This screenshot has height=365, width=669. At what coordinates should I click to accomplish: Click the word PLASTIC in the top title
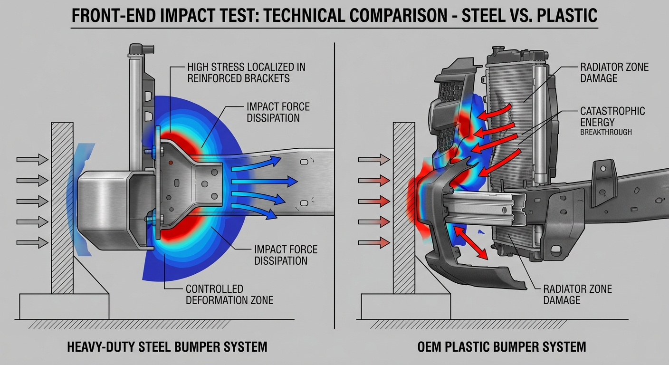pyautogui.click(x=567, y=15)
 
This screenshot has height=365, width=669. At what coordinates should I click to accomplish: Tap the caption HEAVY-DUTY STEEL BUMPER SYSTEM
pyautogui.click(x=167, y=347)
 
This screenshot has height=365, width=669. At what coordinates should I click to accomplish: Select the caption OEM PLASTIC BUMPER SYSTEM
pyautogui.click(x=502, y=347)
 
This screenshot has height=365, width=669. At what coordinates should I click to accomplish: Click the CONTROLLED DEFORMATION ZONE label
pyautogui.click(x=229, y=295)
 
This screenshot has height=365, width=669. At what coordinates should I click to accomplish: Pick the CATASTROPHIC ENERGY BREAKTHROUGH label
pyautogui.click(x=612, y=121)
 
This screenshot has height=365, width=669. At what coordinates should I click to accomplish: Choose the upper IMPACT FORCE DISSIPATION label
pyautogui.click(x=278, y=112)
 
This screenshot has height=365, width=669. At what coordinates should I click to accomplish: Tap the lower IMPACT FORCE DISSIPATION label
pyautogui.click(x=286, y=255)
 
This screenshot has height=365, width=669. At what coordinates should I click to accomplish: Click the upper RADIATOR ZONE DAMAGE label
pyautogui.click(x=614, y=73)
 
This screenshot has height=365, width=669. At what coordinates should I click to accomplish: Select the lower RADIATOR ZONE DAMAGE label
pyautogui.click(x=578, y=295)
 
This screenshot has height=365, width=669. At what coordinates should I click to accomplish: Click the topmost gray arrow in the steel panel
pyautogui.click(x=32, y=160)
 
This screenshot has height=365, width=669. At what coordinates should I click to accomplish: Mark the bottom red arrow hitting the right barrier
pyautogui.click(x=374, y=242)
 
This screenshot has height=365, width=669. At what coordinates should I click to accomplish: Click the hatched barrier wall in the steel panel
pyautogui.click(x=62, y=208)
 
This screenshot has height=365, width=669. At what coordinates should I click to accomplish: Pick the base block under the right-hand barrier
pyautogui.click(x=406, y=307)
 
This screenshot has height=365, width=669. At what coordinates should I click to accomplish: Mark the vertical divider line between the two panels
pyautogui.click(x=334, y=185)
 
